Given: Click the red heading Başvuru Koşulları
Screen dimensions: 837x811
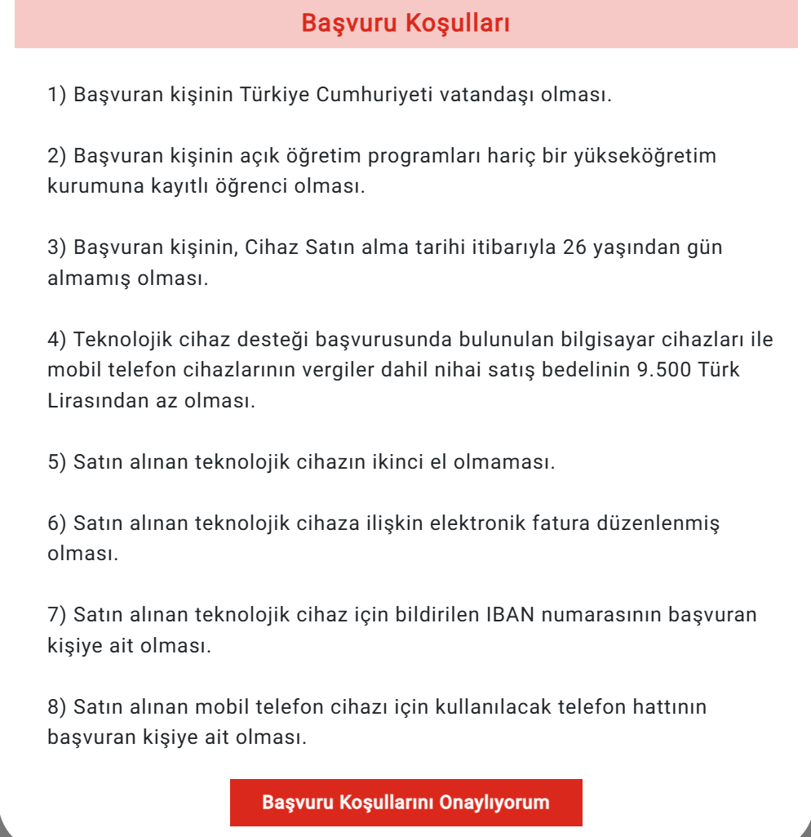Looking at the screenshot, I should (x=405, y=23).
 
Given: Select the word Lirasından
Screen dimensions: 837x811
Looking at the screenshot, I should (x=96, y=401).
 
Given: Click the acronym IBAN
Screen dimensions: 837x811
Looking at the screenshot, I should (x=509, y=615).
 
